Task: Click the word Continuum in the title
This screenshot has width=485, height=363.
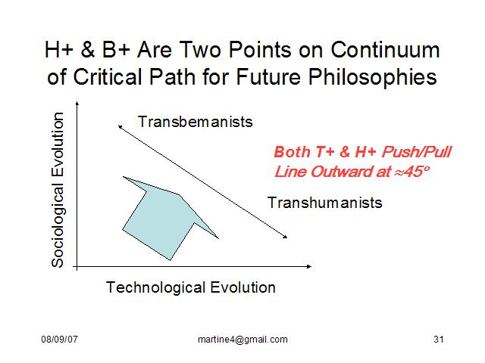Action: tap(385, 50)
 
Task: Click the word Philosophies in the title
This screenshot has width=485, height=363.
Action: tap(372, 77)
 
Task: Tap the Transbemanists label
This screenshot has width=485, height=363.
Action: tap(196, 122)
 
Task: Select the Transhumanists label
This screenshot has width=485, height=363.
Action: tap(325, 203)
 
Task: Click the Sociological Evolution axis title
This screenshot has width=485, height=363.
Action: tap(58, 190)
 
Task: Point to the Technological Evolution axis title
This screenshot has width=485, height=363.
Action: tap(191, 287)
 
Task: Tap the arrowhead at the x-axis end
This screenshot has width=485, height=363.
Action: tap(309, 266)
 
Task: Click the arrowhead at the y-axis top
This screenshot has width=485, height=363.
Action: tap(77, 104)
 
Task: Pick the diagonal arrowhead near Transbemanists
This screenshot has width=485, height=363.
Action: tap(120, 127)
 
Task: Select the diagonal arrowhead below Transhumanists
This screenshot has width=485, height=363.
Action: tap(285, 237)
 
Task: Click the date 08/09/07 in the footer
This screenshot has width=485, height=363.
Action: tap(59, 340)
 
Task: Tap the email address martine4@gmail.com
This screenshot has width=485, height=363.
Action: tap(242, 340)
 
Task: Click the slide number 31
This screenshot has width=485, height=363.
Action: tap(439, 340)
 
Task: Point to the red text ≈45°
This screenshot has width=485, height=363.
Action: tap(412, 172)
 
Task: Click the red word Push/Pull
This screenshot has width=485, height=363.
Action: tap(416, 152)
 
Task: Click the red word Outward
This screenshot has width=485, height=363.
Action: tap(342, 172)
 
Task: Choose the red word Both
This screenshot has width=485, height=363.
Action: tap(292, 152)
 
